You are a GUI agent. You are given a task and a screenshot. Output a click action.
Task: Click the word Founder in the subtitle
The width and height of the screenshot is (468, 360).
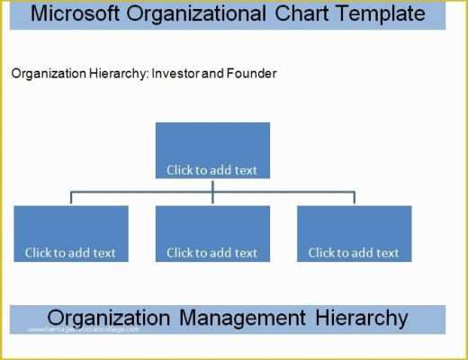[x=254, y=74]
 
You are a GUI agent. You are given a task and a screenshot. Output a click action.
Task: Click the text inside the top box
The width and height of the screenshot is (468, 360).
[x=212, y=169]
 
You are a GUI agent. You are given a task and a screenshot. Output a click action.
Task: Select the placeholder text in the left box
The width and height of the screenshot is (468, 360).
[x=70, y=253]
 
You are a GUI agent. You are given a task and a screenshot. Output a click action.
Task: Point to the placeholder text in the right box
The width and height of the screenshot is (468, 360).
[x=354, y=253]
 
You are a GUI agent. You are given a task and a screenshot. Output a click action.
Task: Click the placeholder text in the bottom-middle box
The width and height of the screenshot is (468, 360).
[x=212, y=253]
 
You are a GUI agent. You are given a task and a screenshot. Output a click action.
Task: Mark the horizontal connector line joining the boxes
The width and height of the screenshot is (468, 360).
[x=135, y=191]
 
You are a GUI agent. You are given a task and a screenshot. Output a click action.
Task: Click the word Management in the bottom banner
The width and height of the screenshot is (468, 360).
[x=238, y=318]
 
